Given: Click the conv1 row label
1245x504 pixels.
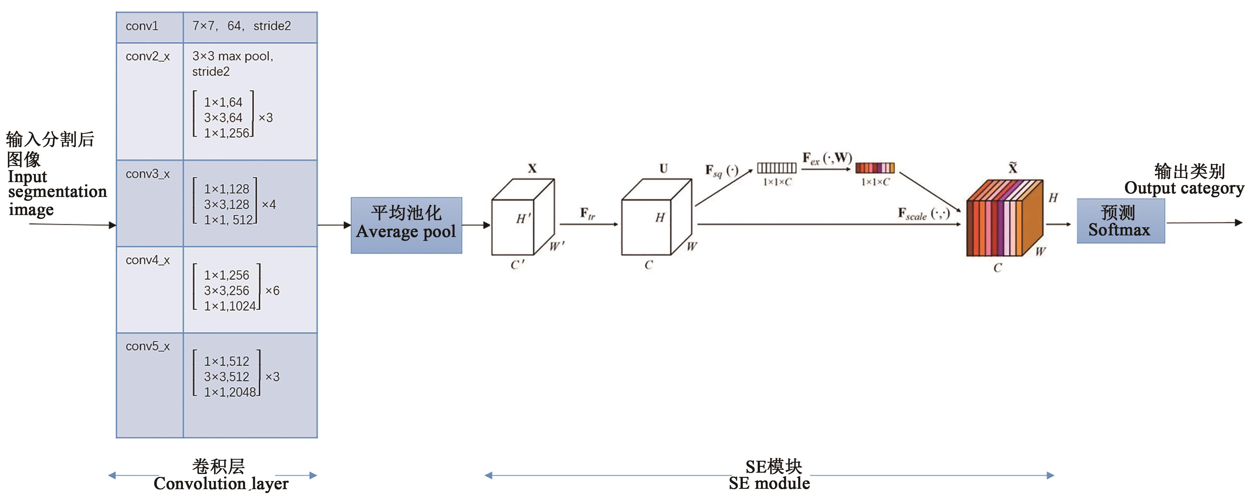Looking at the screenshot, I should point(142,26).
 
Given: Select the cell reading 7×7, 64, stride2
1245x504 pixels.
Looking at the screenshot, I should point(242,26).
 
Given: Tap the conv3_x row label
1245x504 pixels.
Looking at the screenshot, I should point(147,174).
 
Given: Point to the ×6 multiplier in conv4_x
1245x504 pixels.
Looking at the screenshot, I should point(272,291).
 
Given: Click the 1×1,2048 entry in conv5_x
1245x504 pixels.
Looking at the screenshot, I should point(230,392).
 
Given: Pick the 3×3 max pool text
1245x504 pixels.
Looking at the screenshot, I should point(233,57).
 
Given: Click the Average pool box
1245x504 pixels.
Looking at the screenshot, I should point(406,225).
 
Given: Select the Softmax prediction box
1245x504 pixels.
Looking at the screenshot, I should point(1120,221).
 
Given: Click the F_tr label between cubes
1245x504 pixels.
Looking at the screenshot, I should point(588,213).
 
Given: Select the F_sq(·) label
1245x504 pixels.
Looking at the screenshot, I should point(721,171).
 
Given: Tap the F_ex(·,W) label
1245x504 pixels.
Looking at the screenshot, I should point(827,158).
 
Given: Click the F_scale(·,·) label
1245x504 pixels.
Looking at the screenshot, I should point(924,213).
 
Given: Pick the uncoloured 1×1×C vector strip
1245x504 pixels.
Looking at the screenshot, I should point(776,168).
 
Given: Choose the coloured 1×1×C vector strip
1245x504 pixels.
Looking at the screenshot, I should point(875,168).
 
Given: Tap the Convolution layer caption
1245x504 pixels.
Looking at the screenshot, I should point(221,483).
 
